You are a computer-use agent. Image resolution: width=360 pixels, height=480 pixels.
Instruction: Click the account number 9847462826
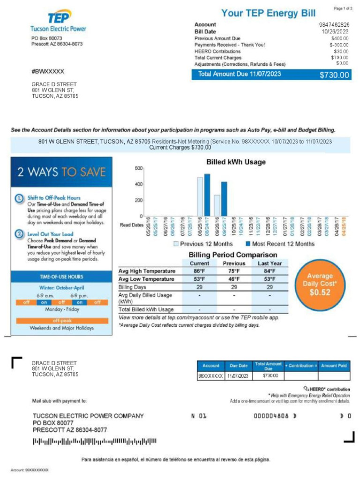point(334,24)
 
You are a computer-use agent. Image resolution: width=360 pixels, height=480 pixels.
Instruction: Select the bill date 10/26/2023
point(336,31)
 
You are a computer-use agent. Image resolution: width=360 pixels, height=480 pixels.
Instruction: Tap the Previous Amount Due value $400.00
point(339,38)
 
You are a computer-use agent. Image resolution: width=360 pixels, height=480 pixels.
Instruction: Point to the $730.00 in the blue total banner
point(334,75)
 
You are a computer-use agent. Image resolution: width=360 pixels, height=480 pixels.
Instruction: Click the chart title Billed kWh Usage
point(236,162)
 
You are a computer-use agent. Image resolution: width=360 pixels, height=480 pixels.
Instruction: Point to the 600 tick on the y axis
point(138,168)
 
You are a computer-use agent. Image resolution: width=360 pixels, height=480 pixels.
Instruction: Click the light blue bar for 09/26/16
point(217,205)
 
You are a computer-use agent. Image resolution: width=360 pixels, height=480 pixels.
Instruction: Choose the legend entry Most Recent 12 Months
point(280,244)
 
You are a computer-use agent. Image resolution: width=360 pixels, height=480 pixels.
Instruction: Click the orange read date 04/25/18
point(344,226)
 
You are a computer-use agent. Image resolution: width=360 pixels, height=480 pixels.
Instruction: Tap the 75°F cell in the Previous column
point(234,271)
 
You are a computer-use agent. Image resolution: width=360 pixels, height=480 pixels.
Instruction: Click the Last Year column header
point(270,263)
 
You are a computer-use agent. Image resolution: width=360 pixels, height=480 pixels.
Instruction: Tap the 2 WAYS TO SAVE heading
point(61,172)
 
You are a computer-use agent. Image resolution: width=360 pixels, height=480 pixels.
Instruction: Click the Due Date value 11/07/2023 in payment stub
point(238,375)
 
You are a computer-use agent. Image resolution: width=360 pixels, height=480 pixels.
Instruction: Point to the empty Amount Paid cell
point(334,375)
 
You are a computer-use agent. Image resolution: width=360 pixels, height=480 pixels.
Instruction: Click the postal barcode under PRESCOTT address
point(94,441)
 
